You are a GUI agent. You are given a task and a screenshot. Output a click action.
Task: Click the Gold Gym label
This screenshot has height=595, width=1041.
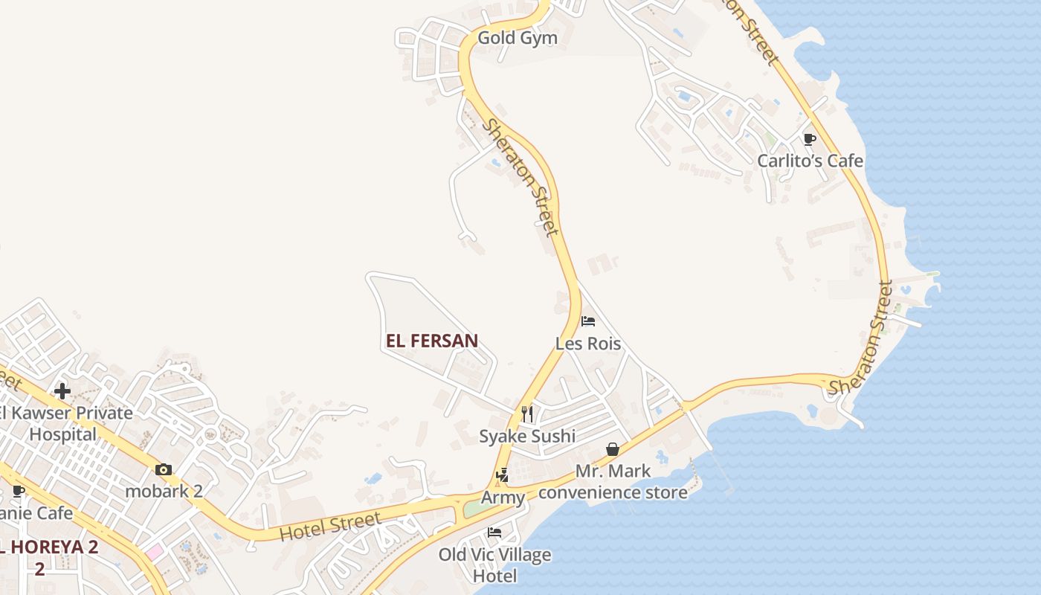point(517,38)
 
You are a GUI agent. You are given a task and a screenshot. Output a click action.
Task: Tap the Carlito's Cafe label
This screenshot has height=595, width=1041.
point(810,161)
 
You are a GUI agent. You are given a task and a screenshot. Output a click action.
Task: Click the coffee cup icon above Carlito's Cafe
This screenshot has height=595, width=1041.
point(810,139)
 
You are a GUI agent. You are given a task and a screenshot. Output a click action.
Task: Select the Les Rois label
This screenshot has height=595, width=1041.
point(588,344)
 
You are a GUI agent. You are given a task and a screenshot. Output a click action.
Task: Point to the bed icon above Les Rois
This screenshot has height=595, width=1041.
point(588,321)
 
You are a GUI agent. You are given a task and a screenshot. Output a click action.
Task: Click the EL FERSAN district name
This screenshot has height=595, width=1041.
point(432,341)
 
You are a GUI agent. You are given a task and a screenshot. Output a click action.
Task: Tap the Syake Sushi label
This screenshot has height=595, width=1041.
point(526,436)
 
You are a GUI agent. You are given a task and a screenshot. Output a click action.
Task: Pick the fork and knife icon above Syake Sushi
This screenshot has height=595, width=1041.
point(527,414)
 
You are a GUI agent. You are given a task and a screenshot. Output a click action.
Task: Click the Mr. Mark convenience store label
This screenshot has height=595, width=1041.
point(613,482)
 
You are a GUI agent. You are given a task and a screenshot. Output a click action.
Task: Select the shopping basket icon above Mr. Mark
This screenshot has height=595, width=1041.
point(613,449)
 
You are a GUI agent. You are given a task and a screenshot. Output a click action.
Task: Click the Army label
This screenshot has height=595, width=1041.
point(503,498)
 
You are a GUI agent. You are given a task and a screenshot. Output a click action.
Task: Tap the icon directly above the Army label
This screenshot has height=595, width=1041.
point(503,475)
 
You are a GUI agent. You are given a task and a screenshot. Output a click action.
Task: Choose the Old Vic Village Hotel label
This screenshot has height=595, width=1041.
point(494,565)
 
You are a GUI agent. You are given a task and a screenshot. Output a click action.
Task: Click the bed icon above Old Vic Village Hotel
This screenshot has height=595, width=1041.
point(494,533)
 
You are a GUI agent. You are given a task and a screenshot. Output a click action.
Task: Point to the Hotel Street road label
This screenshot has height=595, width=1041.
point(331,527)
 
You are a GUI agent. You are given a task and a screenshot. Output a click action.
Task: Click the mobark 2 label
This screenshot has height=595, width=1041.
point(164,491)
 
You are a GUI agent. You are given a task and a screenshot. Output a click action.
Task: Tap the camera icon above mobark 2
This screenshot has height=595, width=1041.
point(164,469)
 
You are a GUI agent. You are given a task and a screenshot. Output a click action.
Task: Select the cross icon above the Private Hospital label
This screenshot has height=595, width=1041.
point(62,390)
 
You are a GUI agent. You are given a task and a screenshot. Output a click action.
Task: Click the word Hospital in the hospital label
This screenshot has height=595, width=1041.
point(62,434)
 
